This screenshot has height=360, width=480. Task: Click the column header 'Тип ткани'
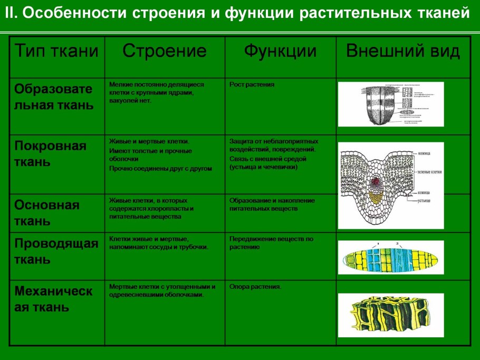pyautogui.click(x=56, y=52)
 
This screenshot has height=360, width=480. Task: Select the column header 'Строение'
pyautogui.click(x=164, y=52)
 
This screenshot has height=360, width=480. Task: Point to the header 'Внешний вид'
pyautogui.click(x=402, y=52)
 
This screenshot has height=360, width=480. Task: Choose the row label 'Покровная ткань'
pyautogui.click(x=50, y=153)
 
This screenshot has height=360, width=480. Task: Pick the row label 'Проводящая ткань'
pyautogui.click(x=56, y=251)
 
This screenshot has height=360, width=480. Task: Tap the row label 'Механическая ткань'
pyautogui.click(x=53, y=298)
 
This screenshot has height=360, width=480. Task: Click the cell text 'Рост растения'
pyautogui.click(x=252, y=84)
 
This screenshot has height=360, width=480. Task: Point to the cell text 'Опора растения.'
pyautogui.click(x=255, y=287)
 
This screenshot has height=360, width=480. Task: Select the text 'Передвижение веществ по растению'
pyautogui.click(x=271, y=242)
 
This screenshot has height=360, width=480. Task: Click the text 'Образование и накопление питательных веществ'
pyautogui.click(x=272, y=205)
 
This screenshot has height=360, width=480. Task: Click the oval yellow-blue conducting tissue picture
pyautogui.click(x=391, y=258)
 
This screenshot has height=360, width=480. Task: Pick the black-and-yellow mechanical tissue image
pyautogui.click(x=391, y=315)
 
